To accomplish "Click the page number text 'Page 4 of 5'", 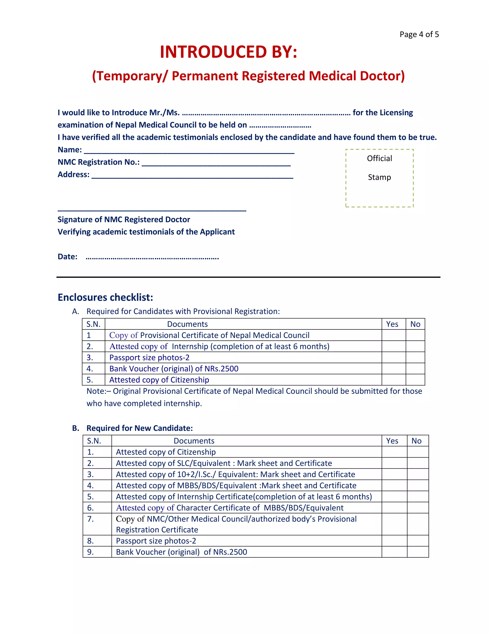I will click(x=419, y=34).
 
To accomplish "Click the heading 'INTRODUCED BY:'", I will click(x=228, y=52).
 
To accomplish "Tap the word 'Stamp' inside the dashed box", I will click(x=379, y=177).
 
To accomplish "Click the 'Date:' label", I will click(x=67, y=257).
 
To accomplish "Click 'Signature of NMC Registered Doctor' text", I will click(x=124, y=219).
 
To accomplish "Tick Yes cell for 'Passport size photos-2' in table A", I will click(x=393, y=357).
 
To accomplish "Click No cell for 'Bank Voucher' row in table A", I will click(x=415, y=369).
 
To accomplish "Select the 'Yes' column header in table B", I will click(x=392, y=441).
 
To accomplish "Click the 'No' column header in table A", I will click(x=415, y=324).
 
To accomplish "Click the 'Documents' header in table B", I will click(x=194, y=441).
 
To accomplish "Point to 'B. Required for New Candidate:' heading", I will click(x=132, y=428).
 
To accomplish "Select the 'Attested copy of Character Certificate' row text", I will click(x=229, y=508).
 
